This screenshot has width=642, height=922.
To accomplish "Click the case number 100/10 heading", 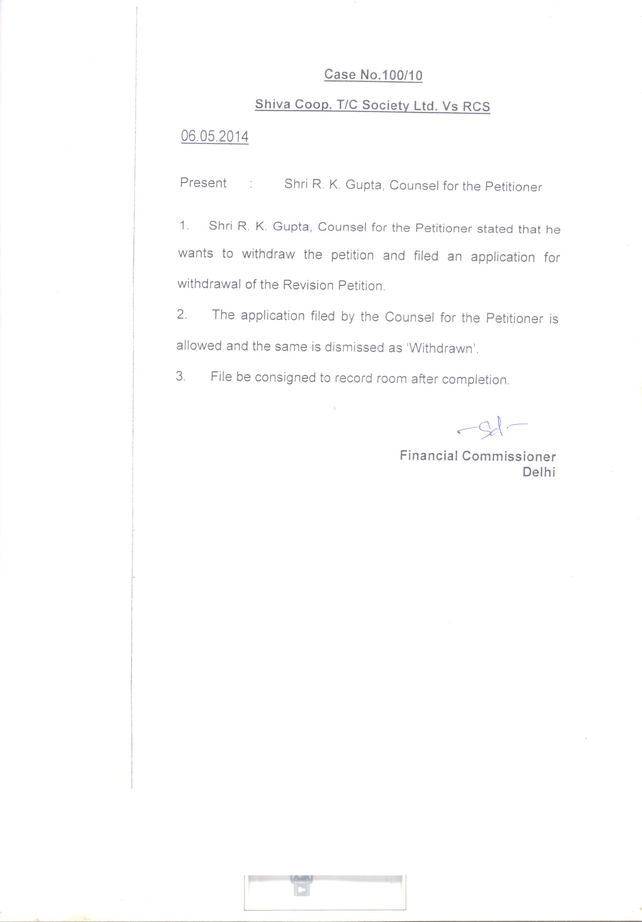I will tap(373, 75).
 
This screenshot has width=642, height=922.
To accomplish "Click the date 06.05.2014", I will tap(214, 137).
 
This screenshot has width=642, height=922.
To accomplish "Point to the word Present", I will tap(203, 183).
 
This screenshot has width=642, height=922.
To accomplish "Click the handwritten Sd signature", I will tap(492, 428).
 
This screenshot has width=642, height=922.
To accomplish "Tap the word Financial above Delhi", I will tap(428, 456).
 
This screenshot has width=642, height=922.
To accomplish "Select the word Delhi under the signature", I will tap(538, 472).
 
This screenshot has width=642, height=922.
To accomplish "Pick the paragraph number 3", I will tap(181, 376).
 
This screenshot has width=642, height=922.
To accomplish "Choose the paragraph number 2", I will tap(181, 314).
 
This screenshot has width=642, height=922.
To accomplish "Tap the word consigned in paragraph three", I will tap(285, 378).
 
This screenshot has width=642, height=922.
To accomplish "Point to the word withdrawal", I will tap(209, 284).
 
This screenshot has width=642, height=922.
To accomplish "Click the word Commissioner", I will tap(509, 457).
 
